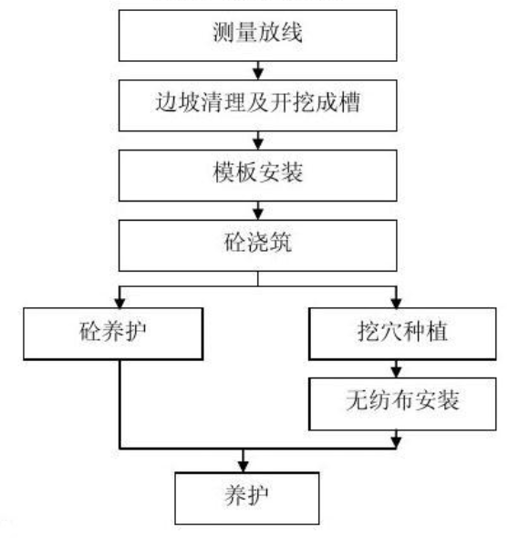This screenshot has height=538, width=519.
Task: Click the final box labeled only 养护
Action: click(x=245, y=498)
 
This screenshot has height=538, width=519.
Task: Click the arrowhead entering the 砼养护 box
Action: click(x=119, y=301)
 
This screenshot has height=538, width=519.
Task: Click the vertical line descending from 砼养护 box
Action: click(x=119, y=401)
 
